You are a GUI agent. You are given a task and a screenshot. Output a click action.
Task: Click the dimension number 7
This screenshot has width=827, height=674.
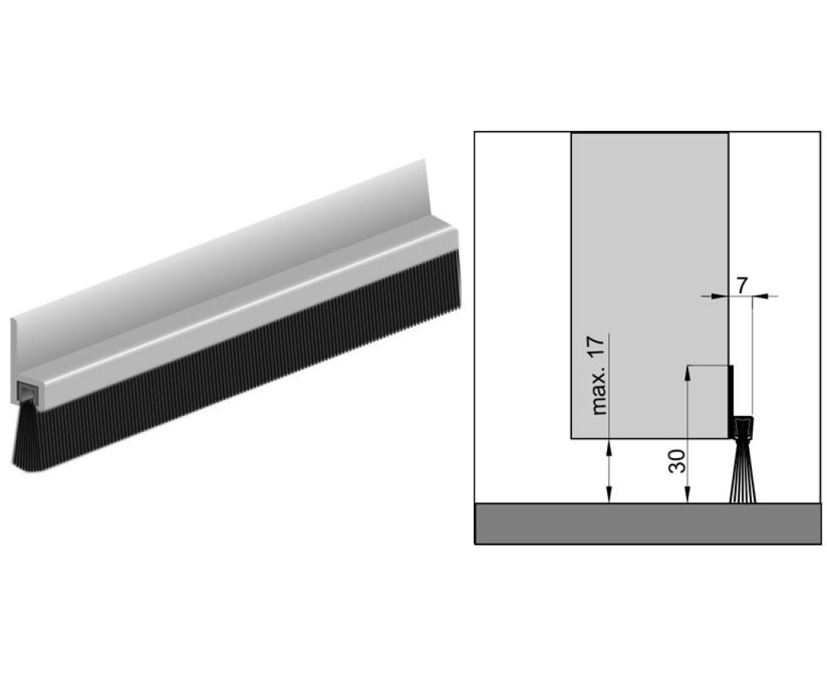point(741,283)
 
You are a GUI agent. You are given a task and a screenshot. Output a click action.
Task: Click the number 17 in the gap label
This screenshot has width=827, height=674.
point(600,348)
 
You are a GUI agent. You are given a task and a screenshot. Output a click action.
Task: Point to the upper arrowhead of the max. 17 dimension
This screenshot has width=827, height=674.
point(608,445)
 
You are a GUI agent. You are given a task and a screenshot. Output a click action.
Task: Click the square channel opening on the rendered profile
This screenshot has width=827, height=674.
point(26,394)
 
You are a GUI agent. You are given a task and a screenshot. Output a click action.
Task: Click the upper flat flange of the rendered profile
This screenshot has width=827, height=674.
point(230,245)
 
